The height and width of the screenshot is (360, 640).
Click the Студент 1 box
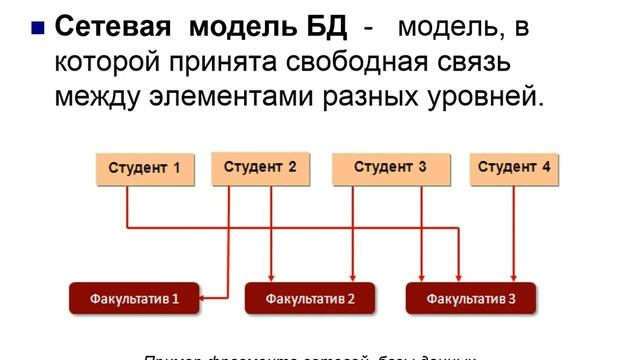click(145, 169)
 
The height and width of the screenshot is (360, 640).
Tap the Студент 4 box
click(514, 168)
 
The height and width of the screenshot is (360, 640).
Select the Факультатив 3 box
click(470, 298)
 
